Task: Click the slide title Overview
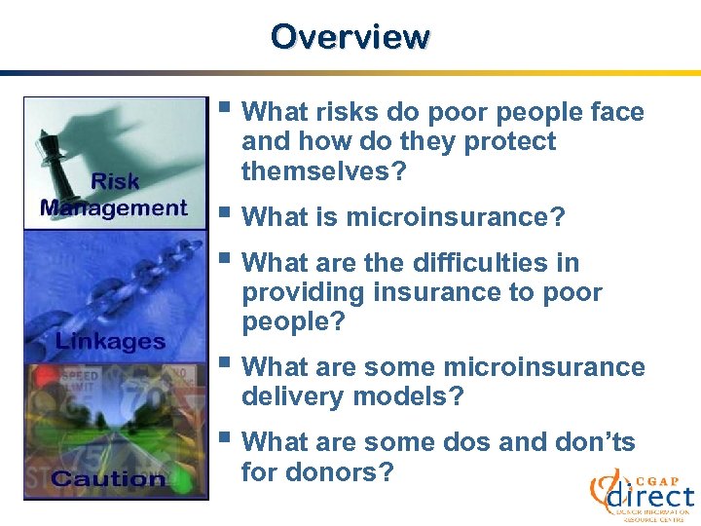(x=350, y=36)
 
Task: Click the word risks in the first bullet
(x=350, y=113)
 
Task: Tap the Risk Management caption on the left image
(x=114, y=195)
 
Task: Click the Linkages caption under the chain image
(x=110, y=341)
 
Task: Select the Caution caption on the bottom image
(x=108, y=478)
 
